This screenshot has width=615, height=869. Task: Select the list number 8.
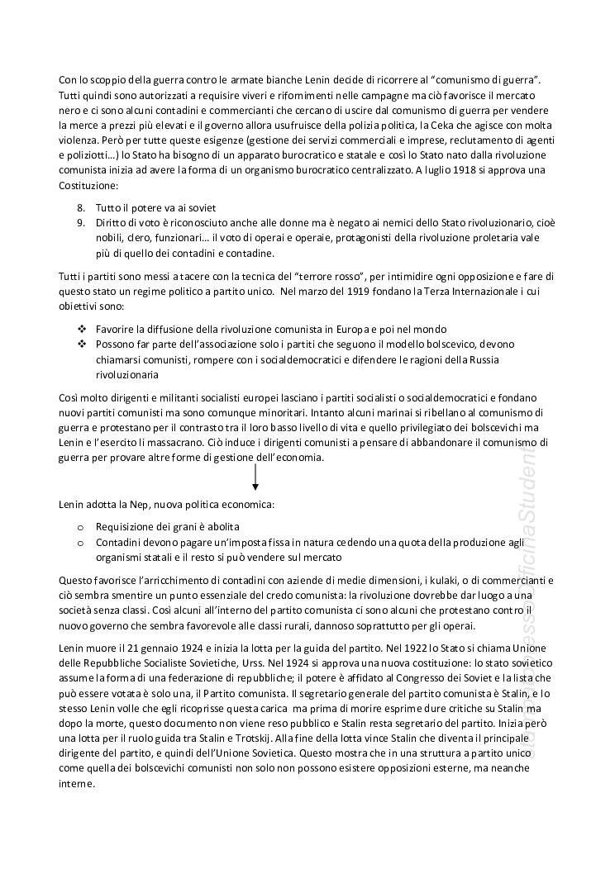point(80,207)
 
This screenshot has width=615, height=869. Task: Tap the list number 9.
point(80,222)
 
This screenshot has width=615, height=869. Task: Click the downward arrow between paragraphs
point(255,478)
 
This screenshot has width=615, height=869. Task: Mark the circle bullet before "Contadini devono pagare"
point(80,542)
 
